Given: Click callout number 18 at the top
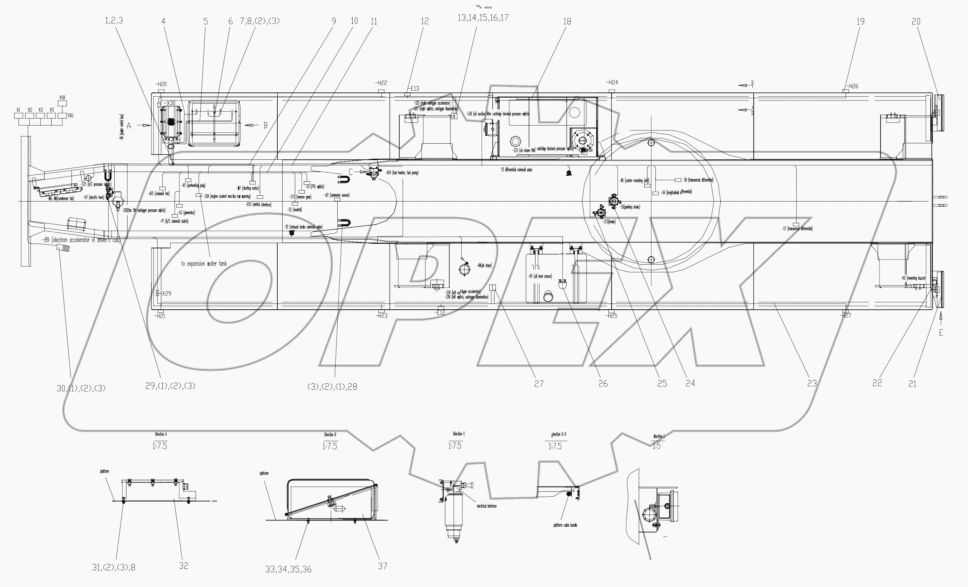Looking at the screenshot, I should click(567, 22).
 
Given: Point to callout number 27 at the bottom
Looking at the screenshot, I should click(539, 384).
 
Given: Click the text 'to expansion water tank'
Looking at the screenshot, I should click(203, 264).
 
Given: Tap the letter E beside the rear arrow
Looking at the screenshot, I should click(941, 333).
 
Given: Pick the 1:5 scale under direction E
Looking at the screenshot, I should click(656, 446).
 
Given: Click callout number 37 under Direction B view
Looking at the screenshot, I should click(382, 566).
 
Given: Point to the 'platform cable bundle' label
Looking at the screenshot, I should click(565, 525).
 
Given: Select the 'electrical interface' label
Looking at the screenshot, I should click(486, 506).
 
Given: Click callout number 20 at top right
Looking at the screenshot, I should click(916, 22).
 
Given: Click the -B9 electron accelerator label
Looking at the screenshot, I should click(80, 240).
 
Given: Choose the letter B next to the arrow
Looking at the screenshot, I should click(265, 126).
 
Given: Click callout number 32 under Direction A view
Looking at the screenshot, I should click(184, 566).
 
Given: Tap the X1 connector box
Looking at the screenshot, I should click(18, 115).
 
